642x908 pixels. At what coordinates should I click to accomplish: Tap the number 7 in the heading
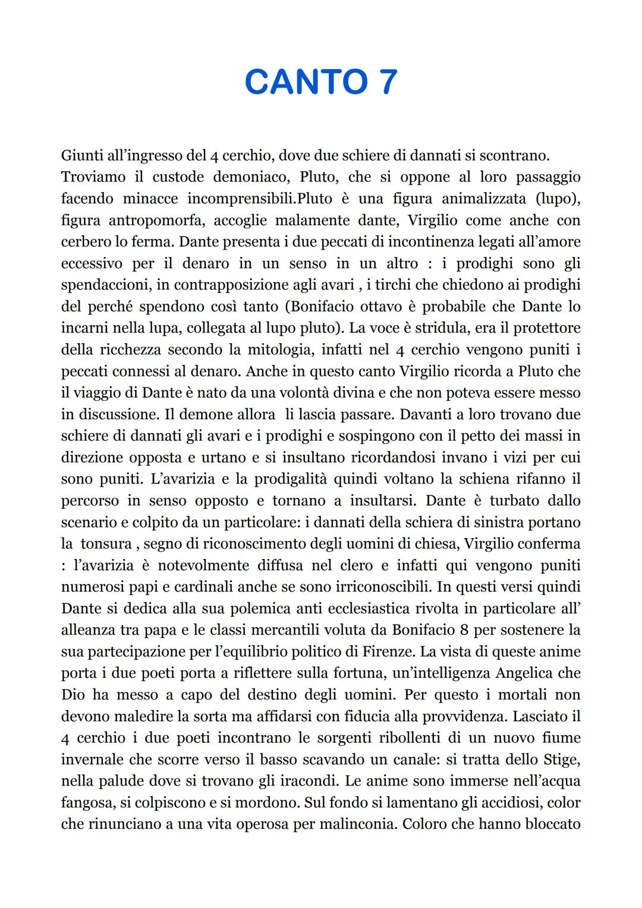pyautogui.click(x=383, y=81)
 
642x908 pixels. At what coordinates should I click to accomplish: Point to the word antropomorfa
pyautogui.click(x=157, y=221)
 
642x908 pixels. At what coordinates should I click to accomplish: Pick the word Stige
pyautogui.click(x=561, y=759)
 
